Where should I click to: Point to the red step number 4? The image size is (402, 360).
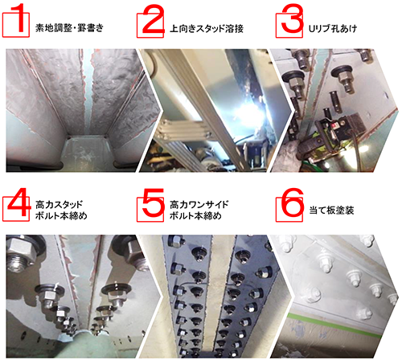[x=18, y=202]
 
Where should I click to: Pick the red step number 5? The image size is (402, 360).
[x=154, y=202]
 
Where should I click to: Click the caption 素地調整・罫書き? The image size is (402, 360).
[x=69, y=28]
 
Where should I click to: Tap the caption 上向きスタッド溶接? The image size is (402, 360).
[x=207, y=28]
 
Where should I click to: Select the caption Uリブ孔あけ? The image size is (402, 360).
[x=333, y=28]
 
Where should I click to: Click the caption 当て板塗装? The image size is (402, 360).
[x=331, y=211]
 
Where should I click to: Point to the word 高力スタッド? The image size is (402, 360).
[x=59, y=205]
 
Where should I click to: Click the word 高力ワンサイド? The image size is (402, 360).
[x=199, y=205]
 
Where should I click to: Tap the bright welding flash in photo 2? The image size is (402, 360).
[x=248, y=110]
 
